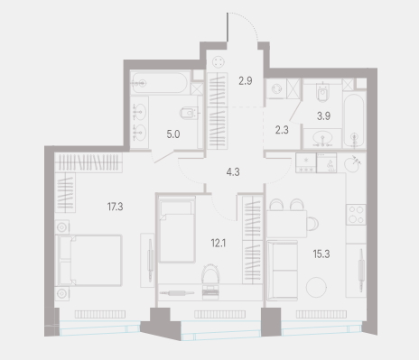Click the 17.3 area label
coord(115,207)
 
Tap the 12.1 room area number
coord(219,243)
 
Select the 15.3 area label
coord(321,254)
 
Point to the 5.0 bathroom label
coord(173,134)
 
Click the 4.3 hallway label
coord(233,172)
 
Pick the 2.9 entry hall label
coord(246,81)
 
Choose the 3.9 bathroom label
coord(323,115)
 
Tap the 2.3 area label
coord(282,130)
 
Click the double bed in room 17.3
coord(89,260)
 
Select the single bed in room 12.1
coord(177,229)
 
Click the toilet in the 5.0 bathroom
coord(189,113)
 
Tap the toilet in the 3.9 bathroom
coord(322,92)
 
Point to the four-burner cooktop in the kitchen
coord(356,215)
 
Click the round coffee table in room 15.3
coord(316,287)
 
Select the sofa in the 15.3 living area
coord(282,271)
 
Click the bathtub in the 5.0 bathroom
coord(160,83)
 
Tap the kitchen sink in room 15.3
coord(351,164)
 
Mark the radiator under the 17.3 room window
coord(100,315)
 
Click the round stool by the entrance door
coord(218,62)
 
